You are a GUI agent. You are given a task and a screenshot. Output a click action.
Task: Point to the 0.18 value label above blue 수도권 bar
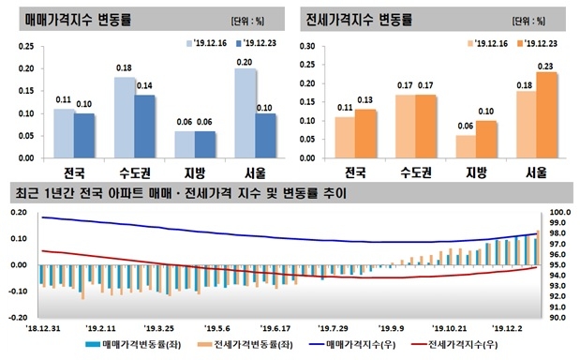[x=124, y=68]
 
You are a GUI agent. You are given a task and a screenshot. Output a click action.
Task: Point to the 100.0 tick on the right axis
[x=558, y=213]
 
